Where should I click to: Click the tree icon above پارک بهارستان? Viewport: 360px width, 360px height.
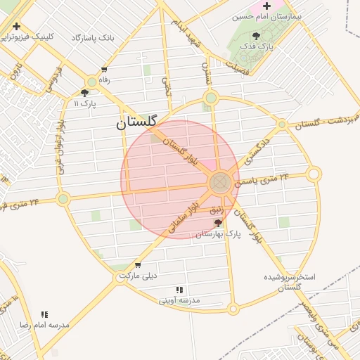coord(218,223)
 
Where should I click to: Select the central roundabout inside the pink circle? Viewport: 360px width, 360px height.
coord(219,183)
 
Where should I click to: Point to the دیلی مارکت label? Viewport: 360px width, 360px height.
coord(137,276)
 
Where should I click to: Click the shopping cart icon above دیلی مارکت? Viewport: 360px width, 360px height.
coord(137,265)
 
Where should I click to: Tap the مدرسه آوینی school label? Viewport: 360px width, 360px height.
coord(179,300)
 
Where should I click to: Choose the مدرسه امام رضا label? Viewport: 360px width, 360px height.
coord(44,325)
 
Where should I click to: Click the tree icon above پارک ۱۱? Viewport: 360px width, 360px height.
coord(85,92)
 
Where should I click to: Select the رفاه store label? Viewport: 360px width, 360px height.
coord(104,80)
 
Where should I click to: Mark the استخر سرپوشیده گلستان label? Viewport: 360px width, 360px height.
coord(289,282)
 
